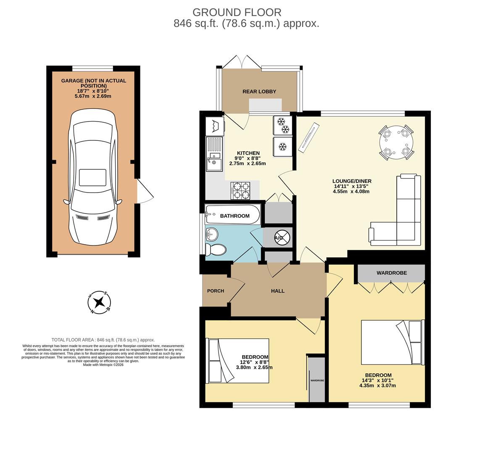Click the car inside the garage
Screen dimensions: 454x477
pos(92,177)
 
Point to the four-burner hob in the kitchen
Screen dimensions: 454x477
pos(240,190)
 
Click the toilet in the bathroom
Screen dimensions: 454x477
pos(216,250)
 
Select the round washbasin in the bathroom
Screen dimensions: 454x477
pos(212,233)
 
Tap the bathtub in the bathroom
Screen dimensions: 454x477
pos(232,215)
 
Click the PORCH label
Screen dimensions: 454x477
pos(216,291)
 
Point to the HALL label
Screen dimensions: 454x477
pos(278,291)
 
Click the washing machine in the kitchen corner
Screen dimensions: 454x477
pos(215,126)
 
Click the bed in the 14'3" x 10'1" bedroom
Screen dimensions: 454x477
pos(392,342)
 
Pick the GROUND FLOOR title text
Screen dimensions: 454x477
pos(237,13)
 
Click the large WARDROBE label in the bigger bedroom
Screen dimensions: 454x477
pos(391,273)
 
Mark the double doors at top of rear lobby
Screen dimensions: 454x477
pos(242,62)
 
